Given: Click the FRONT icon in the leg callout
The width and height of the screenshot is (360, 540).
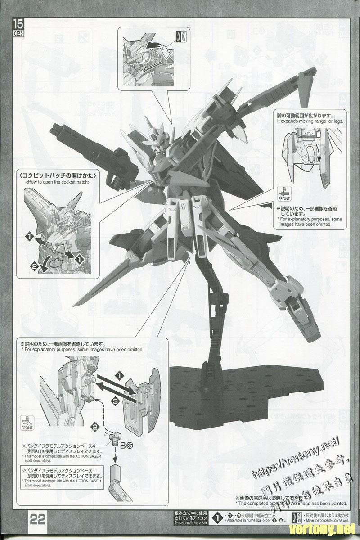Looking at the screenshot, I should coord(284,193).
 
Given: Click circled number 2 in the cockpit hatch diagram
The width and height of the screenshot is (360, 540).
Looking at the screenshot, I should coord(33,266).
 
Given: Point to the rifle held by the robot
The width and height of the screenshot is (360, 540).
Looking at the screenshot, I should coord(85,135).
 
